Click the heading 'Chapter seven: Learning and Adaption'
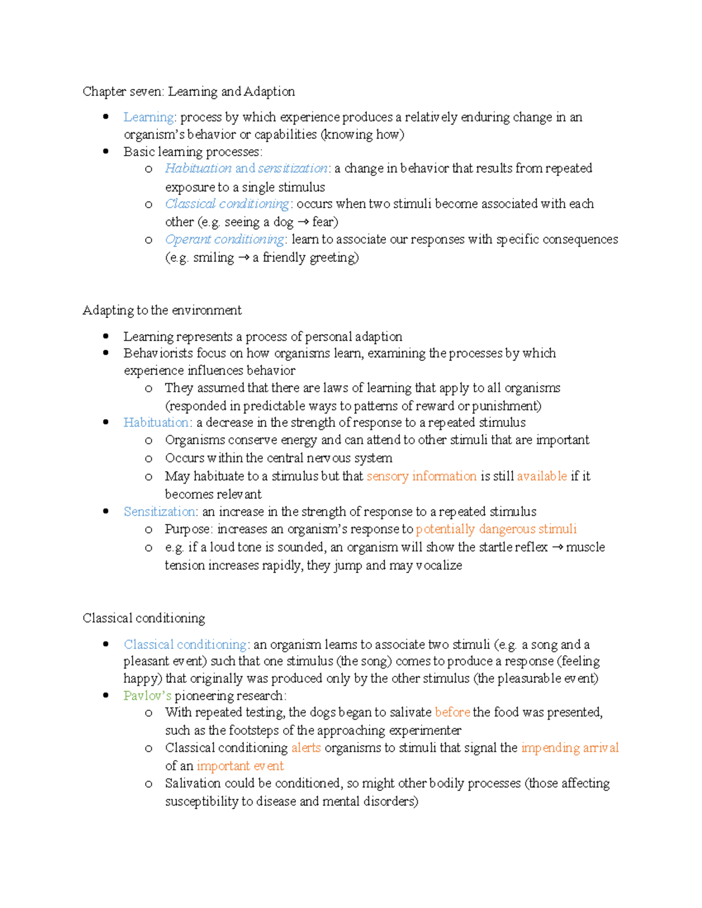[188, 92]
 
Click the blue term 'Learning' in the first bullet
[149, 118]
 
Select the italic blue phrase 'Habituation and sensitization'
[246, 168]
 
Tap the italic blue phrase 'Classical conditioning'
[227, 204]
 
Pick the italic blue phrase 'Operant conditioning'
[225, 240]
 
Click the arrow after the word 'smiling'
[243, 258]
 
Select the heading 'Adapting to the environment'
[162, 310]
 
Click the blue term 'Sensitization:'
[161, 512]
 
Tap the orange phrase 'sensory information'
[421, 477]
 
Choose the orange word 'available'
[542, 477]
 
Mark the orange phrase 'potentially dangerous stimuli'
[496, 529]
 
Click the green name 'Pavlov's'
[147, 696]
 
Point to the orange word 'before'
[452, 712]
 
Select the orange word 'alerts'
[306, 748]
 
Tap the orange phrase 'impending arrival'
[570, 748]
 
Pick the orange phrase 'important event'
[240, 766]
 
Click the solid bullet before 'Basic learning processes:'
[106, 151]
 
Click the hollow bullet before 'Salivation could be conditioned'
[149, 784]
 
